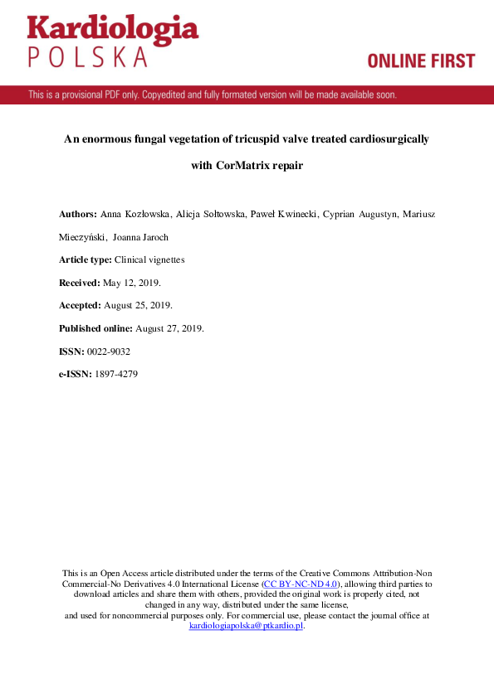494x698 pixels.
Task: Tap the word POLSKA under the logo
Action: pos(88,57)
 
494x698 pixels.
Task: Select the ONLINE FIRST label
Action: pos(421,61)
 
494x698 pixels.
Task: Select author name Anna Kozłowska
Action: pos(136,214)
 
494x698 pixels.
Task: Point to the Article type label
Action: pos(86,259)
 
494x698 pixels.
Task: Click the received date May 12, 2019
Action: pos(131,283)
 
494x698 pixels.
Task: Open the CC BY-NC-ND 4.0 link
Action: pos(302,584)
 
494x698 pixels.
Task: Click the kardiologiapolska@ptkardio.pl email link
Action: pos(246,626)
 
